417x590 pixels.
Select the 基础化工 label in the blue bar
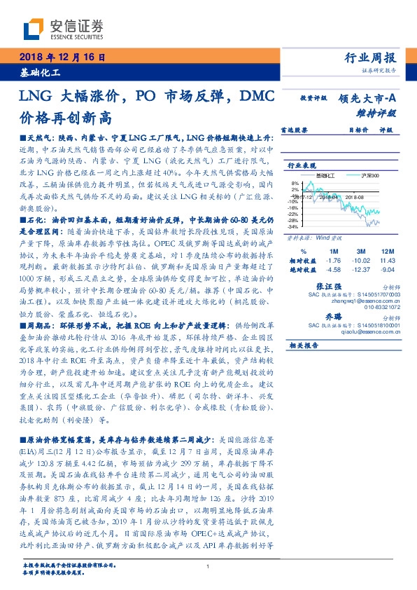pyautogui.click(x=38, y=71)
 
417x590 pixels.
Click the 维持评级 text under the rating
pyautogui.click(x=377, y=112)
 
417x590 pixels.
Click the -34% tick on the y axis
pyautogui.click(x=292, y=226)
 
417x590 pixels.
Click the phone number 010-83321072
pyautogui.click(x=382, y=306)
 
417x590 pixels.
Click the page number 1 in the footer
pyautogui.click(x=208, y=567)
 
